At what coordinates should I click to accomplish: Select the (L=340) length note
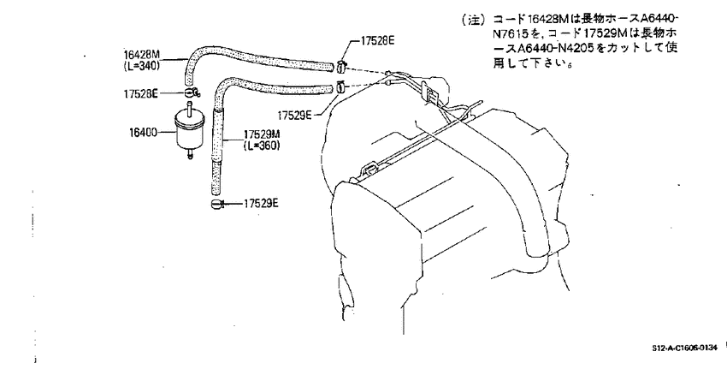coord(142,66)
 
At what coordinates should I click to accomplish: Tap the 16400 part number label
coord(144,133)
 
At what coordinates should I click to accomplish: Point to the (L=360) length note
coord(262,146)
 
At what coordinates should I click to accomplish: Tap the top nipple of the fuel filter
coord(189,106)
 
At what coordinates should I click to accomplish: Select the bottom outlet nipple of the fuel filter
coord(190,153)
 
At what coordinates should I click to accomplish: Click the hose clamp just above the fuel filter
coord(191,92)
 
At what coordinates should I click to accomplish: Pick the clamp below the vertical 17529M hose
coord(217,203)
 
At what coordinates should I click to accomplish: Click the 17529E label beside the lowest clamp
coord(261,203)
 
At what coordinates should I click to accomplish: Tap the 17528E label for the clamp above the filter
coord(141,94)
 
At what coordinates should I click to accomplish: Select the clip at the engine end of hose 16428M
coord(340,67)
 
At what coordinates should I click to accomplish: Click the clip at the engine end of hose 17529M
coord(341,86)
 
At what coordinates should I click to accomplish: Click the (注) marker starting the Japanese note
coord(472,20)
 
